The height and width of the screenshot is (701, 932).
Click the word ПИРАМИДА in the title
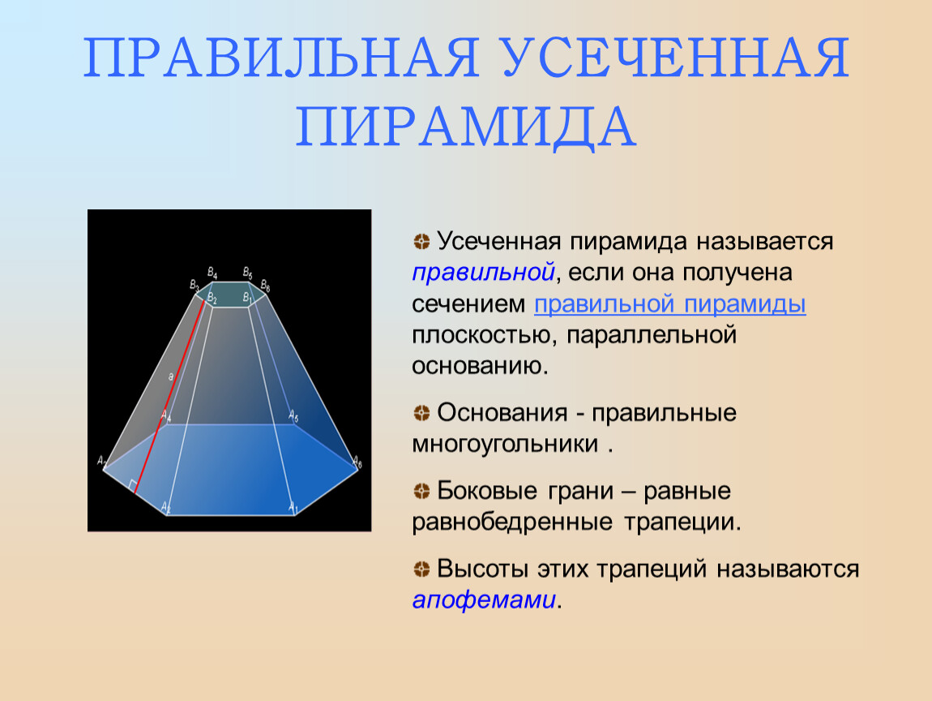466,126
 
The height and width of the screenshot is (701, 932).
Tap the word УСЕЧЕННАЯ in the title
677,58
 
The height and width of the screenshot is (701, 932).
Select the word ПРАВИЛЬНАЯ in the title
281,58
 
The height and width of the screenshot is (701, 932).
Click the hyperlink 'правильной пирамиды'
670,304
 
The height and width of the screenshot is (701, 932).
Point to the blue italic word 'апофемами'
484,600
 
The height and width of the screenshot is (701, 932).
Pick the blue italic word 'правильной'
483,273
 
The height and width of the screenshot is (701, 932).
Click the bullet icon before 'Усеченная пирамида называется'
421,242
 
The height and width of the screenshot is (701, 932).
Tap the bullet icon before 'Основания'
421,413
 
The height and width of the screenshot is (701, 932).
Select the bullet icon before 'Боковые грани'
421,491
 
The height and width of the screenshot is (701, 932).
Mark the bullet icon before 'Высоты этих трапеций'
421,569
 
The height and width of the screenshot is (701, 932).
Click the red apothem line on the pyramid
170,397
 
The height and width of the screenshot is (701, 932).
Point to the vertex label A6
357,461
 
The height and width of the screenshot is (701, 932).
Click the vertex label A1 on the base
293,507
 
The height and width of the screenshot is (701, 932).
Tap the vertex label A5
293,415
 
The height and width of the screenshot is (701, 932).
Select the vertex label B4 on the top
212,273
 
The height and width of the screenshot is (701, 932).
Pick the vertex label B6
265,286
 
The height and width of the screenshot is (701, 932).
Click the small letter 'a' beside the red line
170,376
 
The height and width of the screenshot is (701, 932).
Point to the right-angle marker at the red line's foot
132,484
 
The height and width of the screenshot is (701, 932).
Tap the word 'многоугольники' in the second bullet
505,444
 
